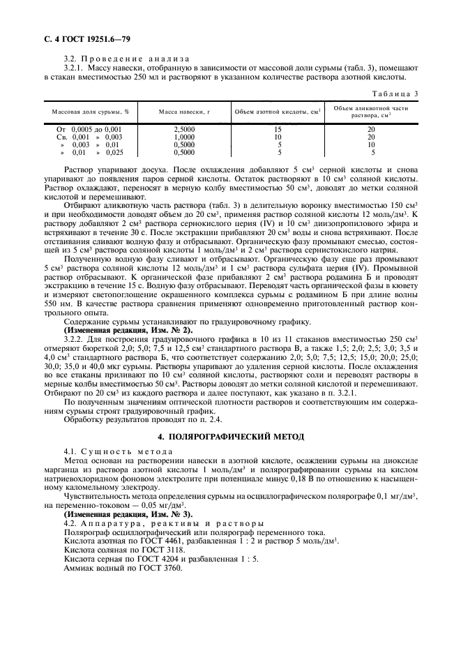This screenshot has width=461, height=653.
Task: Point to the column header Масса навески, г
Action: click(184, 112)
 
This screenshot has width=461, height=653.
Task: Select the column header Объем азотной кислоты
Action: click(278, 112)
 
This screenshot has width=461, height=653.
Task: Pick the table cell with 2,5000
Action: click(184, 129)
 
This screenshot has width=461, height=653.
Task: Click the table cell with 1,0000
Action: click(184, 137)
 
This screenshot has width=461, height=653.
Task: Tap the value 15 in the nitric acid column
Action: click(278, 129)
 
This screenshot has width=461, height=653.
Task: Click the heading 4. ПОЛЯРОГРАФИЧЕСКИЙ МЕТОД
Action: click(231, 436)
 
